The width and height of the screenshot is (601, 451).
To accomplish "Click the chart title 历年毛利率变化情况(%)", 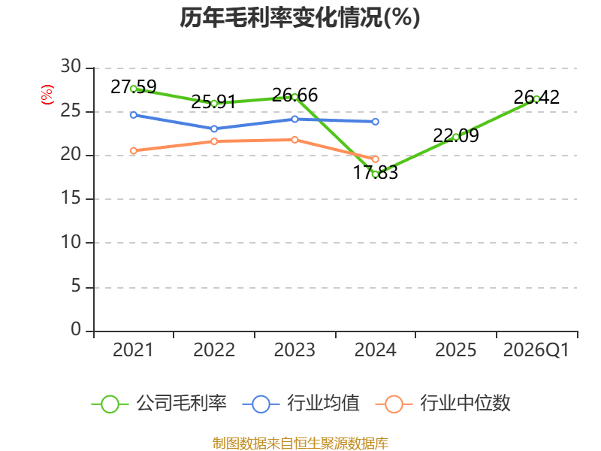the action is tap(300, 17).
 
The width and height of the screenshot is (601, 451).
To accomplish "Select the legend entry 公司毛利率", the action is tap(159, 404).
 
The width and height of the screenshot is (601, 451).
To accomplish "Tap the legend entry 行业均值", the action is tap(301, 404).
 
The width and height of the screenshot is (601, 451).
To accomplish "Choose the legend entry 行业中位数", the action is tap(442, 404).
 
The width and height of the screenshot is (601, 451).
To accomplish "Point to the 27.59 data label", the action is tap(134, 86).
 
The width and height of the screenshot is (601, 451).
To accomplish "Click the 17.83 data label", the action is tap(375, 172).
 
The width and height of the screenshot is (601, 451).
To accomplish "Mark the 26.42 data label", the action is tap(536, 97).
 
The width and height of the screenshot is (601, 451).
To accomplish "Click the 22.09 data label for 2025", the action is tap(456, 135).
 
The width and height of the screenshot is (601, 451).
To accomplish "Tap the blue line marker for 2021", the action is tap(134, 115).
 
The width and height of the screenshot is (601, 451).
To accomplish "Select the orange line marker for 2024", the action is tap(375, 159).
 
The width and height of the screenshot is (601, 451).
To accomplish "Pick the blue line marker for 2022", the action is tap(214, 129).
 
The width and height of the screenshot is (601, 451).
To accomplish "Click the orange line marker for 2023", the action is tap(294, 140).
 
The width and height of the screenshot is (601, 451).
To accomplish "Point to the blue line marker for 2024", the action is tap(375, 122).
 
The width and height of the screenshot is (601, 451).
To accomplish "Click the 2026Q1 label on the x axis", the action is tap(536, 350).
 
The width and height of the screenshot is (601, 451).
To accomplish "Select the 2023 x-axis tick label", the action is tap(294, 350).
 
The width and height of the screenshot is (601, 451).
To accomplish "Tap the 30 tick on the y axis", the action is tap(71, 67).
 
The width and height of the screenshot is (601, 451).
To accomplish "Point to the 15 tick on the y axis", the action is tap(71, 198).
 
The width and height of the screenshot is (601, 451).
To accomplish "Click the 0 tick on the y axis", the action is tap(76, 329).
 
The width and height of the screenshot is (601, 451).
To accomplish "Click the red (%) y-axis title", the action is tap(47, 95).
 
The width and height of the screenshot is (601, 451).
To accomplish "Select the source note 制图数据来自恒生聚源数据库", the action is tap(300, 443).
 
